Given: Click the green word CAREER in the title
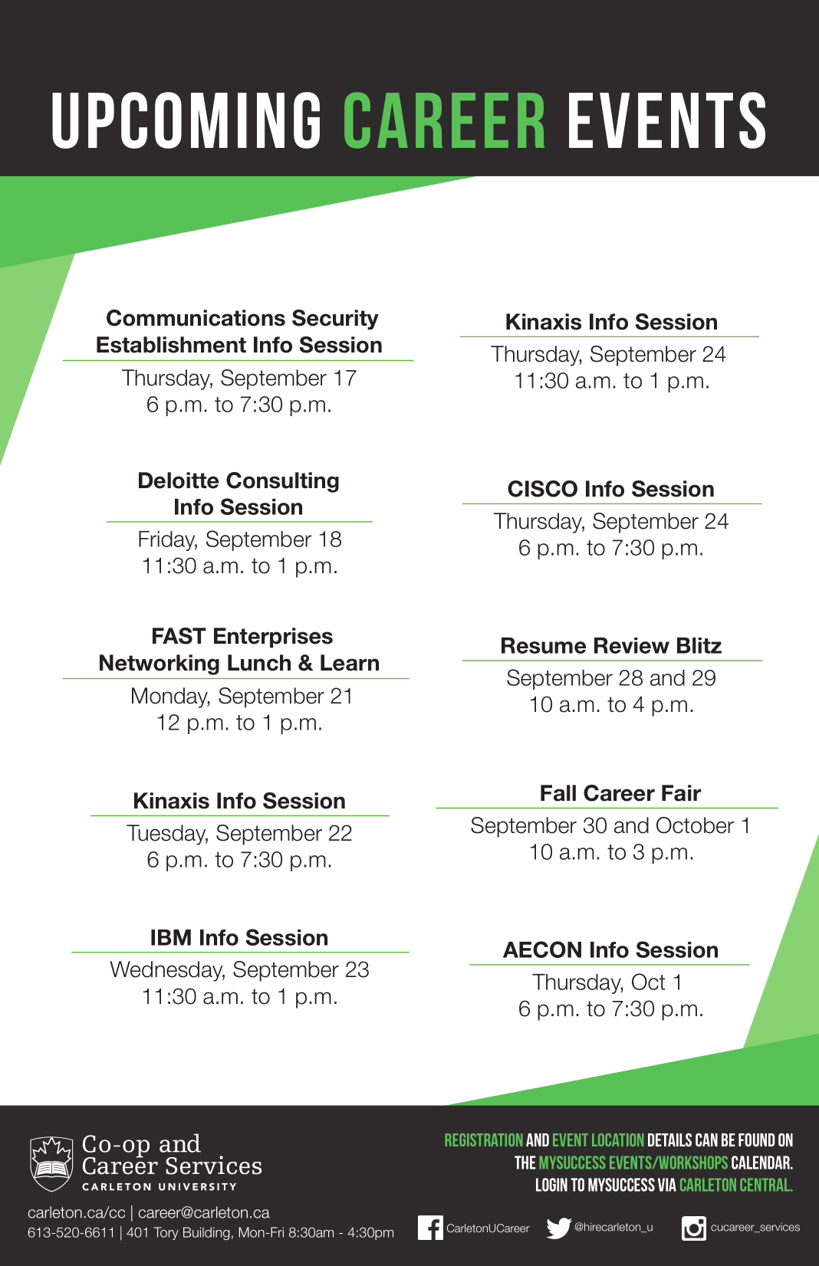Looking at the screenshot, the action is pyautogui.click(x=445, y=120).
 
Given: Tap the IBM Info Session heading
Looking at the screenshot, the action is pyautogui.click(x=238, y=938).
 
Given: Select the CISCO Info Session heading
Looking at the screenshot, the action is pyautogui.click(x=611, y=489).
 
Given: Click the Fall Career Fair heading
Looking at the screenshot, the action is pyautogui.click(x=620, y=793).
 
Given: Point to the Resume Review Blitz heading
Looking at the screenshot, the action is pyautogui.click(x=611, y=645).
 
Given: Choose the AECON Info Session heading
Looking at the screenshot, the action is pyautogui.click(x=611, y=950).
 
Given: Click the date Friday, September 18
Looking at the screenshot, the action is pyautogui.click(x=239, y=540).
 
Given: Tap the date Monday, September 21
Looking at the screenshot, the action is pyautogui.click(x=242, y=697).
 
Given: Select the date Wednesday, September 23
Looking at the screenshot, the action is pyautogui.click(x=239, y=970).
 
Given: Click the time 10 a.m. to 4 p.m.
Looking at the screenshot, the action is pyautogui.click(x=611, y=705).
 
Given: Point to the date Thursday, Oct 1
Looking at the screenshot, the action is pyautogui.click(x=607, y=983).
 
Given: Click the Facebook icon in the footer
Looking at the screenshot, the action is pyautogui.click(x=430, y=1228).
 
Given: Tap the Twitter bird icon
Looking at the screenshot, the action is pyautogui.click(x=558, y=1228).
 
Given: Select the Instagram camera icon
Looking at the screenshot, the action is pyautogui.click(x=693, y=1228).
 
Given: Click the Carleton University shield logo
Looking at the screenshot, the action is pyautogui.click(x=51, y=1164).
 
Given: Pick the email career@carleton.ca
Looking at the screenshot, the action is pyautogui.click(x=204, y=1213).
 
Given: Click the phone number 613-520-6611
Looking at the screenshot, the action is pyautogui.click(x=71, y=1232).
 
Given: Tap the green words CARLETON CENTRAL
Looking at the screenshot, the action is pyautogui.click(x=735, y=1185).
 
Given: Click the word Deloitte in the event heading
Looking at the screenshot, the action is pyautogui.click(x=178, y=481).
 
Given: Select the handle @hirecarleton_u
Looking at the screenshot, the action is pyautogui.click(x=613, y=1227).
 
